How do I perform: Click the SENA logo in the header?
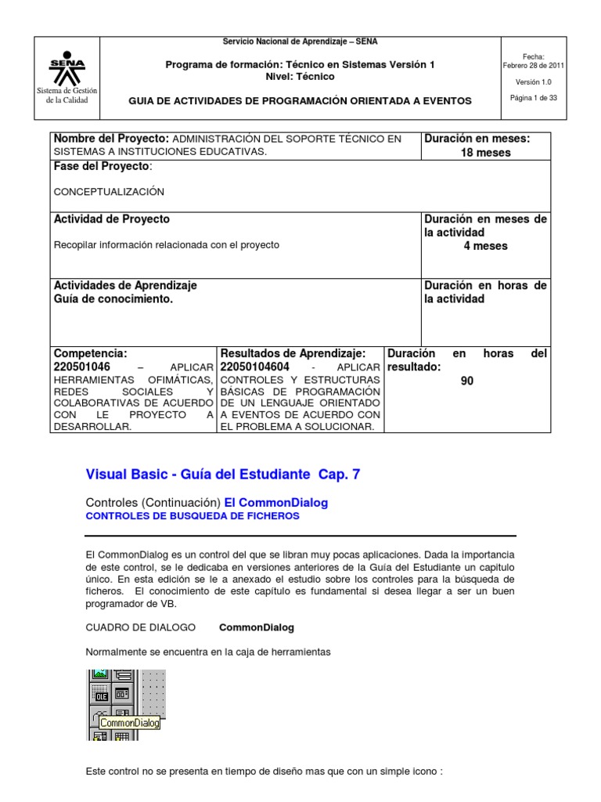click(68, 68)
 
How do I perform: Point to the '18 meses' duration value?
click(485, 153)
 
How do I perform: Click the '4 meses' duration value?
click(485, 246)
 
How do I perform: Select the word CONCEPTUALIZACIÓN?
click(109, 191)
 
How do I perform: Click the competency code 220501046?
click(82, 367)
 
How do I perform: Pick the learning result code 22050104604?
click(255, 367)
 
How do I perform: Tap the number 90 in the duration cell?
click(467, 381)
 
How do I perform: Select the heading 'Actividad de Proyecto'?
click(111, 219)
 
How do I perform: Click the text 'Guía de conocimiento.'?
click(113, 299)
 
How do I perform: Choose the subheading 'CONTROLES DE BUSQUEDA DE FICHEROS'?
click(192, 516)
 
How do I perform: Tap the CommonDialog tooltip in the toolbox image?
click(129, 723)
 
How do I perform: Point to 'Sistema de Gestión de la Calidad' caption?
click(68, 96)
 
